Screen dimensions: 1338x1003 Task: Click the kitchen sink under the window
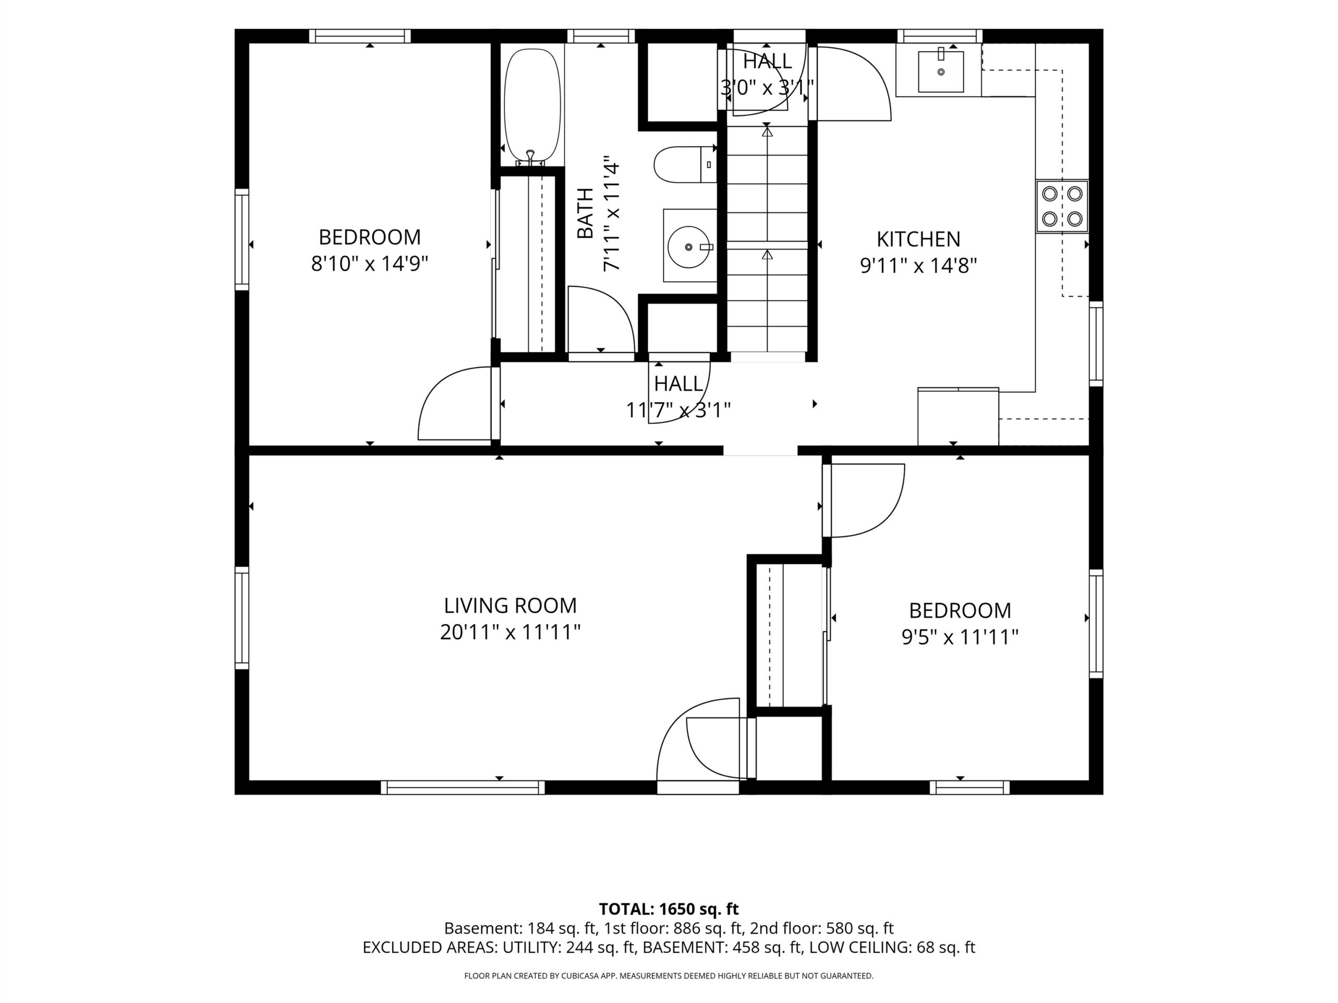coord(941,72)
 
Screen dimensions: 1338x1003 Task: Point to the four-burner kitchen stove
coord(1062,206)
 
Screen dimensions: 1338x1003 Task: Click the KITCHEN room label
coord(918,239)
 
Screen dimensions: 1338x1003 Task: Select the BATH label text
coord(585,214)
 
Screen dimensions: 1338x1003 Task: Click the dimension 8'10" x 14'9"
coord(370,264)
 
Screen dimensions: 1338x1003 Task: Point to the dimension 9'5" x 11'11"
coord(960,637)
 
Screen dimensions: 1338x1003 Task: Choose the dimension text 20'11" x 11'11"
coord(511,633)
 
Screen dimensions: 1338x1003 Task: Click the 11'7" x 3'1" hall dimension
coord(678,411)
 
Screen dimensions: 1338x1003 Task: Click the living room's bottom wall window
coord(463,787)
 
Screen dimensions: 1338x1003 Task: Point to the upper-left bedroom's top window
coord(360,36)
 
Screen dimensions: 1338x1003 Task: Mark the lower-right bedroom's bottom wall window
coord(970,787)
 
